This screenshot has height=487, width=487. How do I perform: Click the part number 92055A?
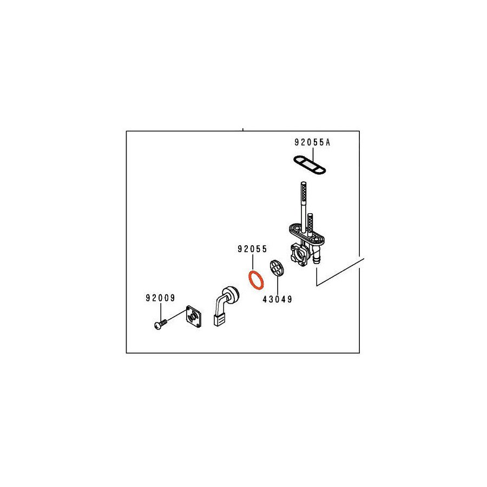pos(312,143)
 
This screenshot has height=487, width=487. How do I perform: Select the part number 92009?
pos(160,298)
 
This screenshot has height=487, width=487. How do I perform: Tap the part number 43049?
pos(277,299)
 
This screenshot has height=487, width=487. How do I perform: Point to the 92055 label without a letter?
pos(252,249)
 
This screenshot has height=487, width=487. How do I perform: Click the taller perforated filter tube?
pos(301,203)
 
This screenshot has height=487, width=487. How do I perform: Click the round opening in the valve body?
pos(297,252)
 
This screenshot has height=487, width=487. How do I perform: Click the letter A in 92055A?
pos(327,143)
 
